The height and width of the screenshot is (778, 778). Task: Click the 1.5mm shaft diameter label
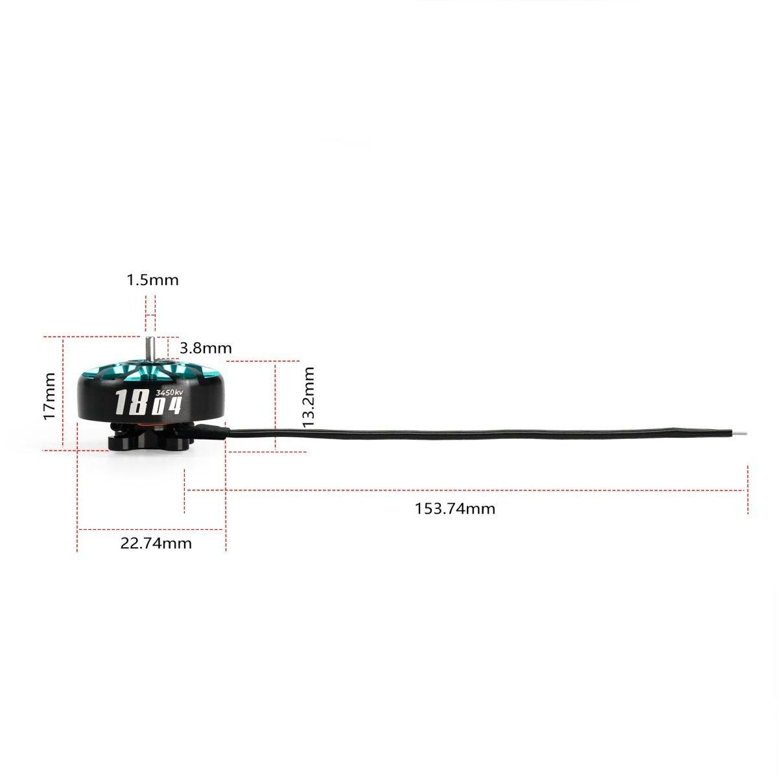(152, 280)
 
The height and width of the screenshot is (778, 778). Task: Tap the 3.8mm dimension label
(206, 348)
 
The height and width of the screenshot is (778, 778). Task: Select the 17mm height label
(49, 395)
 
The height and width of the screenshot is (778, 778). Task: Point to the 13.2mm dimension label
(309, 396)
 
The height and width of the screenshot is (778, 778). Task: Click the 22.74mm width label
(156, 543)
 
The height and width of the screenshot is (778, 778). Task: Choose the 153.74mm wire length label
(454, 509)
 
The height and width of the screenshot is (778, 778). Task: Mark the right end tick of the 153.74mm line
(748, 490)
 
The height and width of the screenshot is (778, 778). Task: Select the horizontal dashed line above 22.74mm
(152, 530)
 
